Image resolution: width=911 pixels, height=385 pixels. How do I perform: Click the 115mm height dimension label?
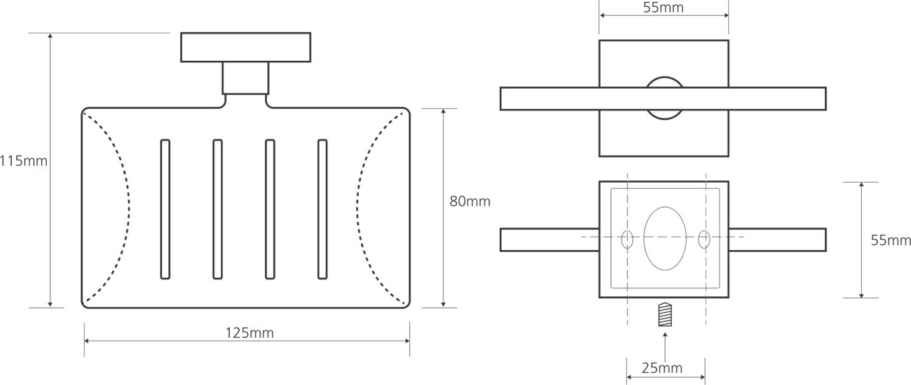click(x=24, y=162)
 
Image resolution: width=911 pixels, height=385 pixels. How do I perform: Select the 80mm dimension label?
click(x=469, y=201)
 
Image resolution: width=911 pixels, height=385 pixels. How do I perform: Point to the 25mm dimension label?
click(x=662, y=368)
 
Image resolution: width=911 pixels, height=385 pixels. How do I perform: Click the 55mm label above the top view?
click(x=663, y=8)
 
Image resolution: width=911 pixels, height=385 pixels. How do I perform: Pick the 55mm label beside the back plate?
click(x=891, y=240)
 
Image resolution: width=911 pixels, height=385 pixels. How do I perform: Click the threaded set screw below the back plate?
click(x=666, y=315)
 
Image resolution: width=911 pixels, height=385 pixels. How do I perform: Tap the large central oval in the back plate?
click(x=665, y=239)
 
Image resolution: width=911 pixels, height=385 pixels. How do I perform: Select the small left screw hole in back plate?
click(x=627, y=239)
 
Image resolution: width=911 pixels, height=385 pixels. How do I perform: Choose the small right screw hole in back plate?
click(x=704, y=239)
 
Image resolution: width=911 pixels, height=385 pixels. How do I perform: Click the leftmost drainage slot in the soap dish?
click(x=165, y=210)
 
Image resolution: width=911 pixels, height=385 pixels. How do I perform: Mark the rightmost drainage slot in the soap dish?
click(x=322, y=210)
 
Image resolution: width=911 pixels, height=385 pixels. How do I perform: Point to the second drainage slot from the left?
click(x=217, y=210)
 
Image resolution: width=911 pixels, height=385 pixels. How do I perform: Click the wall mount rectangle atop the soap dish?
click(x=245, y=47)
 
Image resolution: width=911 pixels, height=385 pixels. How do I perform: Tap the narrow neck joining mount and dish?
click(x=245, y=78)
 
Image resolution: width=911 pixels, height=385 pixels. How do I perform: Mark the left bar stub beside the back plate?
click(x=549, y=239)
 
